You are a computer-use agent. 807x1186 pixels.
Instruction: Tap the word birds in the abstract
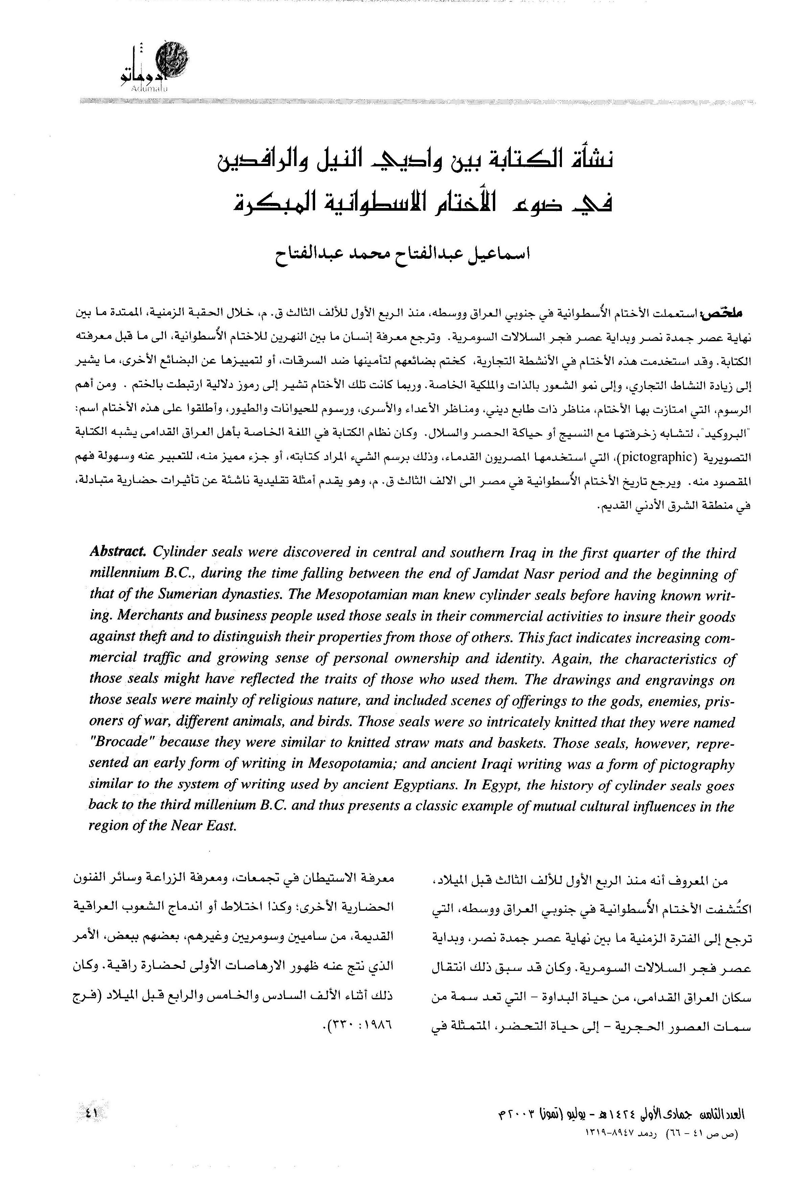(x=333, y=722)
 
